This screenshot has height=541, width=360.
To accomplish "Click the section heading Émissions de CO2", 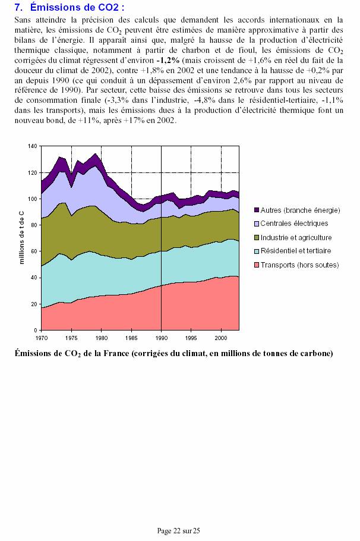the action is click(77, 7).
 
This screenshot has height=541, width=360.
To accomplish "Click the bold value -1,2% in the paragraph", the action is click(168, 61).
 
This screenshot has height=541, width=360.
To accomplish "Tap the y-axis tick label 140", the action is click(33, 146).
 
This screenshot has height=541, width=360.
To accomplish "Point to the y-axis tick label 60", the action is click(34, 251).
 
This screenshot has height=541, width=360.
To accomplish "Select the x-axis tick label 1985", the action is click(131, 338).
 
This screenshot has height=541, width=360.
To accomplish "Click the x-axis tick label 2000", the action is click(221, 338).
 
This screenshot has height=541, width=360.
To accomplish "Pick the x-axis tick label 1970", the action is click(42, 338).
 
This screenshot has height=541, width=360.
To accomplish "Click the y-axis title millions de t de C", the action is click(22, 238).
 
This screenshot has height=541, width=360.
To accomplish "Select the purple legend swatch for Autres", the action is click(257, 210).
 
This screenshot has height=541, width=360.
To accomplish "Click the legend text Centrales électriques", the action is click(294, 224).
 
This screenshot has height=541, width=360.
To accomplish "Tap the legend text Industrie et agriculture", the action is click(296, 238).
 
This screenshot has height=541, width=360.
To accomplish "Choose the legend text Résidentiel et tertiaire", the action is click(296, 251).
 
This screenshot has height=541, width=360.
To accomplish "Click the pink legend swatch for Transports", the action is click(257, 265).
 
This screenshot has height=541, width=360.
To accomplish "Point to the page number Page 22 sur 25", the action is click(179, 531).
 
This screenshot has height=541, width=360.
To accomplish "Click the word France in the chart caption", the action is click(116, 353).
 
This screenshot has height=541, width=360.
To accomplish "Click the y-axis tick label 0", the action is click(36, 331).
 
